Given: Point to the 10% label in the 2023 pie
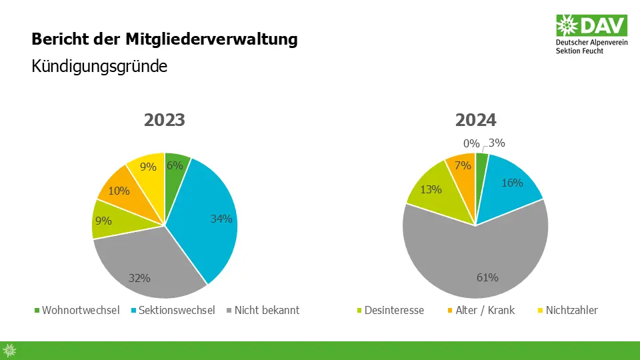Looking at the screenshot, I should click(120, 191).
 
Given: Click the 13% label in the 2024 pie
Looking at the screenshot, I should click(431, 189).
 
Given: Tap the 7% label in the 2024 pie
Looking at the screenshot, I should click(463, 165).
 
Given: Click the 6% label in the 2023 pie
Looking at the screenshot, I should click(175, 166).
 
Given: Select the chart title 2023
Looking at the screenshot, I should click(165, 121).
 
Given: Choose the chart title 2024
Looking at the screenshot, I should click(476, 121).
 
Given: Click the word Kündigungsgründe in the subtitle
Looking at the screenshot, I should click(99, 67).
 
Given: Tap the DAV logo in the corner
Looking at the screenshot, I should click(591, 33).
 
